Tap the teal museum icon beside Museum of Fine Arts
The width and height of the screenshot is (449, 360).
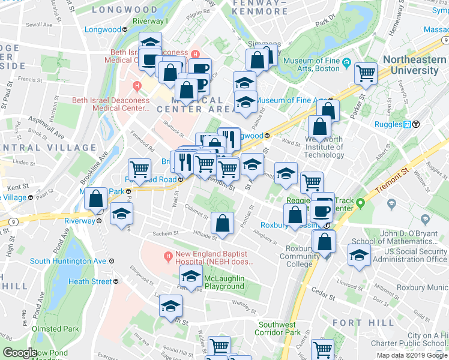[346, 61]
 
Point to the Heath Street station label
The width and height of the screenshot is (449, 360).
[90, 281]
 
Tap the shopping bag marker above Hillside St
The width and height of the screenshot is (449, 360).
[223, 223]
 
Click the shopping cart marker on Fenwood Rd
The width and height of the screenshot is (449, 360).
[139, 170]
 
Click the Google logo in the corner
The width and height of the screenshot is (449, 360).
[20, 353]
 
